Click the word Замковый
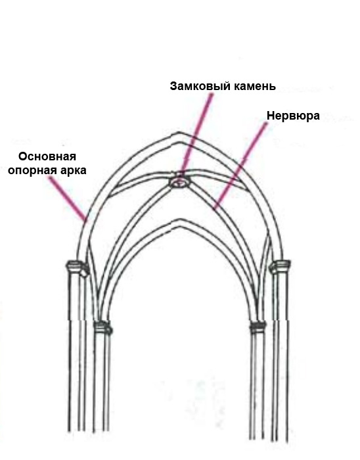tap(200, 86)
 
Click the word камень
tap(254, 86)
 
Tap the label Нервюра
tap(293, 116)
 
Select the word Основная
tap(47, 156)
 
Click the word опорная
tap(30, 170)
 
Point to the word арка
tap(71, 170)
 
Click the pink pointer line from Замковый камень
tap(197, 133)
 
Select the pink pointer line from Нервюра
tap(240, 166)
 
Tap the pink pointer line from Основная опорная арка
tap(68, 198)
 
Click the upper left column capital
tap(77, 267)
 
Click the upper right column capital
tap(280, 267)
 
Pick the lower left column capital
tap(103, 328)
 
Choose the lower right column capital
tap(258, 327)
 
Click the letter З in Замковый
tap(173, 86)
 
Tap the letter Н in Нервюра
tap(270, 116)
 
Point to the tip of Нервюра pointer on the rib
tap(214, 210)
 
